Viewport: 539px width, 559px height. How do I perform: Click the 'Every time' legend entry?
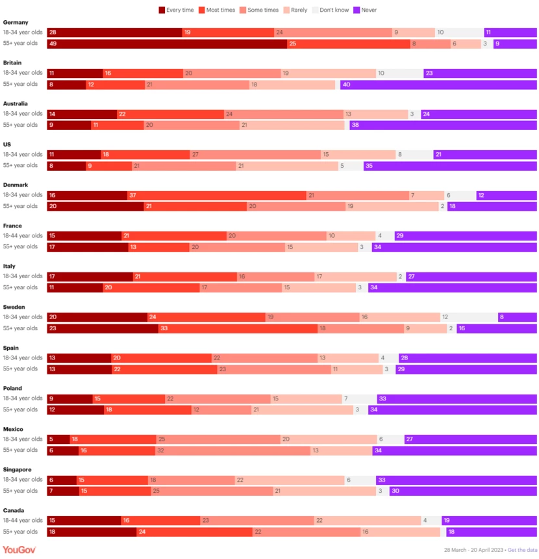click(177, 10)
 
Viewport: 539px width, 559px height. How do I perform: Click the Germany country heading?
click(16, 22)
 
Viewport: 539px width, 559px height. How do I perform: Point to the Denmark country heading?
click(16, 185)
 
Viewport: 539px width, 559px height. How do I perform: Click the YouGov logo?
click(19, 550)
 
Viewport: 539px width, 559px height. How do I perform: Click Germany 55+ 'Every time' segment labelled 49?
click(167, 44)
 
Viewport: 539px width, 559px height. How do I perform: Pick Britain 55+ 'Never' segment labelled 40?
click(438, 84)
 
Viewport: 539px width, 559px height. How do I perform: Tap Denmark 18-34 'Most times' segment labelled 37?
click(216, 195)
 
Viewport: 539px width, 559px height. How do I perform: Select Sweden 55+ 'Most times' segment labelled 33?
click(238, 328)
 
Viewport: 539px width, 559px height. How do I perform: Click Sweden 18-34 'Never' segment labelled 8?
click(517, 317)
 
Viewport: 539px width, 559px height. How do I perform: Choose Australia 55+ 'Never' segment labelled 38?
click(443, 125)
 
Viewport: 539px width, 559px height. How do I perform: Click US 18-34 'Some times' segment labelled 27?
click(255, 155)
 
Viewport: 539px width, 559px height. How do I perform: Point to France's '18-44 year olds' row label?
click(23, 235)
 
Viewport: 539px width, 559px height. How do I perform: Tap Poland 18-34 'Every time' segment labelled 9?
click(69, 398)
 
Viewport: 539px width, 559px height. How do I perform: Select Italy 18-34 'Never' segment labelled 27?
click(471, 276)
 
